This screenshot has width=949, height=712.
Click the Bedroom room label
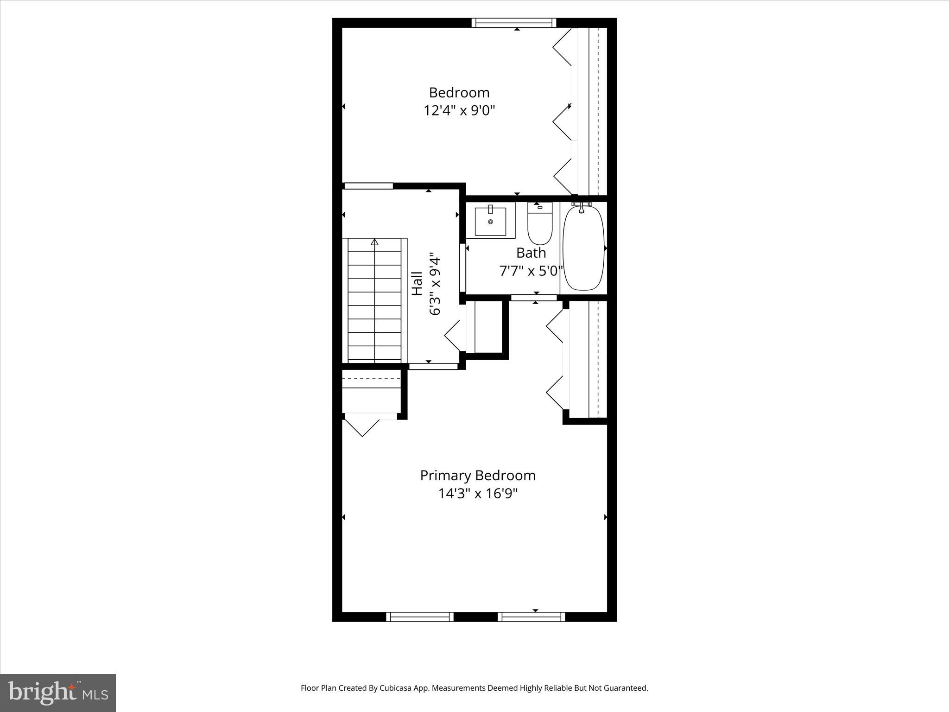pyautogui.click(x=459, y=93)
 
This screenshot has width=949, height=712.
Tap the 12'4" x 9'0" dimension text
pyautogui.click(x=459, y=111)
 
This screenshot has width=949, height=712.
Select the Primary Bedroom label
pyautogui.click(x=477, y=476)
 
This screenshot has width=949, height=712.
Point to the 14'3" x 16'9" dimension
pyautogui.click(x=477, y=494)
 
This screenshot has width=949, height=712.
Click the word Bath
pyautogui.click(x=531, y=253)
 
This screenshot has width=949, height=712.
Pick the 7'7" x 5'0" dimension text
pyautogui.click(x=531, y=271)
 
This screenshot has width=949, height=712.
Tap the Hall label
pyautogui.click(x=418, y=284)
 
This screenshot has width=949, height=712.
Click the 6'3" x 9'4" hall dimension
pyautogui.click(x=435, y=284)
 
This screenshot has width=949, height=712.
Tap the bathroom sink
pyautogui.click(x=490, y=222)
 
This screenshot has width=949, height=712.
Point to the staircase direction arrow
pyautogui.click(x=374, y=242)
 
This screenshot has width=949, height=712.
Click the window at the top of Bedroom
pyautogui.click(x=513, y=23)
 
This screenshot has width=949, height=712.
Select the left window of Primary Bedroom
pyautogui.click(x=420, y=617)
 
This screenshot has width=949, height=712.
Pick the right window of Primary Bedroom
pyautogui.click(x=531, y=617)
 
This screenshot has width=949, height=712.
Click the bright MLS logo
pyautogui.click(x=58, y=693)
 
